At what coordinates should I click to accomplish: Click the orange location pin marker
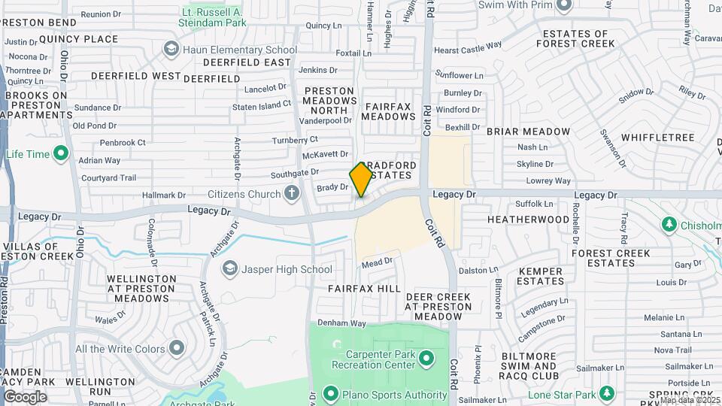click(361, 179)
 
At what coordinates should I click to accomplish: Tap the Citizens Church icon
click(292, 194)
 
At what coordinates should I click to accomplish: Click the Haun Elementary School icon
click(171, 50)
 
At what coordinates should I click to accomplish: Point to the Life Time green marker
click(62, 154)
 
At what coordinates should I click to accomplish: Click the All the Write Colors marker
click(177, 348)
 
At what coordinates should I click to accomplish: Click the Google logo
click(25, 396)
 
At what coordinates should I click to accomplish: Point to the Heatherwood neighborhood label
click(528, 220)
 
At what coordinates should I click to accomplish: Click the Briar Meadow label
click(528, 132)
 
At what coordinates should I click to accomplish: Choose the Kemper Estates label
click(541, 276)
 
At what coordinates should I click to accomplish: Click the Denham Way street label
click(341, 323)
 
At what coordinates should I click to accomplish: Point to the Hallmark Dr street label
click(158, 195)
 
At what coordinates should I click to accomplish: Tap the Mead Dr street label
click(377, 262)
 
